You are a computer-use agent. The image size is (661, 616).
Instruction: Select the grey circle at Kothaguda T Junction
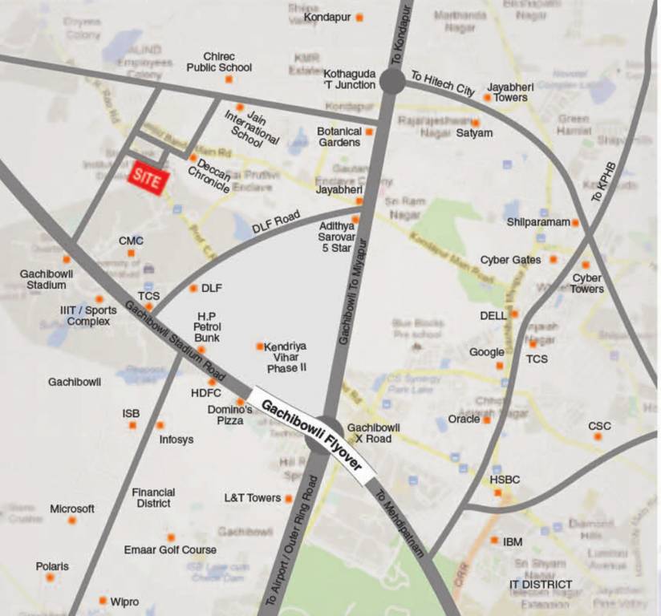tap(392, 80)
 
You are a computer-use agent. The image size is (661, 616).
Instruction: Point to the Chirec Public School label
tap(219, 63)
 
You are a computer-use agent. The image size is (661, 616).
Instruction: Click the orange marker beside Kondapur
tap(360, 17)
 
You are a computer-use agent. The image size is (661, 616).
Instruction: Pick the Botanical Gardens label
tap(339, 137)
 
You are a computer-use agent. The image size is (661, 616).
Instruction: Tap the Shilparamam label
tap(537, 222)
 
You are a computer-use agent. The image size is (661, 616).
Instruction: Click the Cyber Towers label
tap(587, 284)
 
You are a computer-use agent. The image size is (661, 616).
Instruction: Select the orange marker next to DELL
tap(514, 314)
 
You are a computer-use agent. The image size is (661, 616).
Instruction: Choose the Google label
tap(487, 352)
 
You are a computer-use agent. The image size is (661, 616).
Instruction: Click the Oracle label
tap(464, 419)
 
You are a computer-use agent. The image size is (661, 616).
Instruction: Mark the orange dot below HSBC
tap(497, 492)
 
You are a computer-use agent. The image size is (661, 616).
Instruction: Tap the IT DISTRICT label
tap(541, 585)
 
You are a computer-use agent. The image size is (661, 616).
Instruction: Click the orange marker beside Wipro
tap(103, 600)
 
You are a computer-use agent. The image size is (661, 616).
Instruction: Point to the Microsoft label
tap(72, 509)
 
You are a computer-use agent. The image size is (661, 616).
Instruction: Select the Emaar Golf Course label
tap(170, 550)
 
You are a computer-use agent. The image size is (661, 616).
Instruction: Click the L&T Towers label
tap(252, 498)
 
